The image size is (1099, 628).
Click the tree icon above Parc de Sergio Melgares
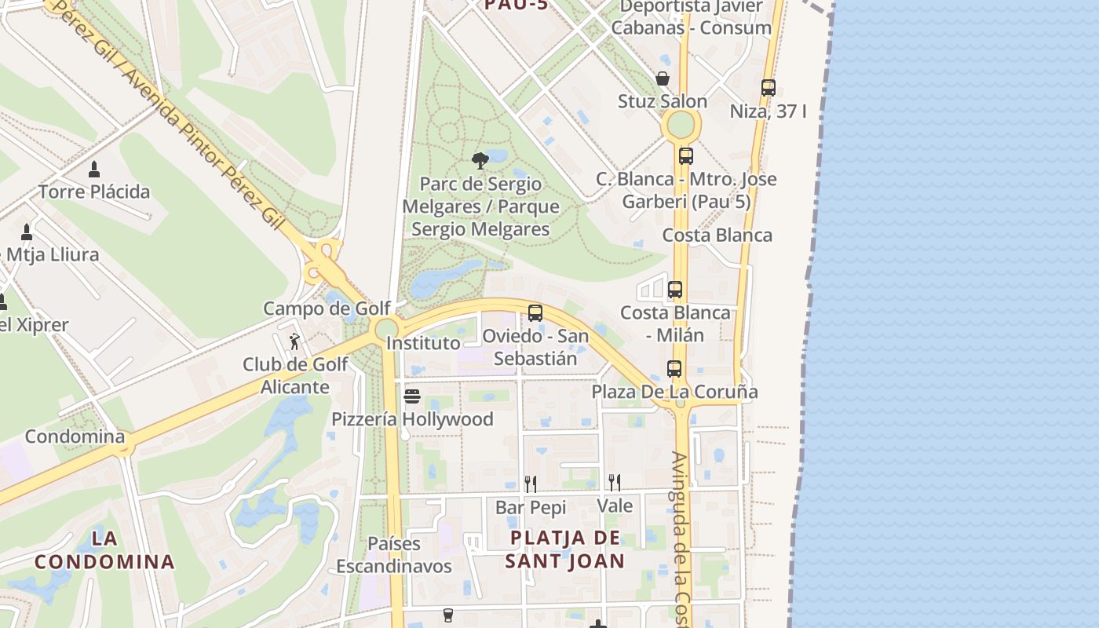[480, 161]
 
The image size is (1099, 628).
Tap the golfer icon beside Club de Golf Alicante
[294, 341]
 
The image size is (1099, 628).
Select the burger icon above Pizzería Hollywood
[412, 396]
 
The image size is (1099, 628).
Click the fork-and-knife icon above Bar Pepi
[531, 484]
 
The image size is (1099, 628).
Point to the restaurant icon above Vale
[615, 482]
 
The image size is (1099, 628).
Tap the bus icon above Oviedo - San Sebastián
[535, 313]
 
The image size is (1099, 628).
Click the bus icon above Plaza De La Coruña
[674, 368]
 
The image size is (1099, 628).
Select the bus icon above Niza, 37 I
[769, 88]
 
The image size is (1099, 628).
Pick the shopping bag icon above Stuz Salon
[663, 78]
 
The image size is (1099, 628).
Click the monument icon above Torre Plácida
[94, 169]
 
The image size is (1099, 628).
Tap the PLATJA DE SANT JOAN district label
[565, 549]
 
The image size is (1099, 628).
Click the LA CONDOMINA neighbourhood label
[104, 550]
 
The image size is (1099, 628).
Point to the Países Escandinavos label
[394, 555]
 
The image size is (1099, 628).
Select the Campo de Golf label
[327, 309]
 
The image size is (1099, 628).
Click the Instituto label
[423, 343]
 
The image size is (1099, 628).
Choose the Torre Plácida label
[94, 192]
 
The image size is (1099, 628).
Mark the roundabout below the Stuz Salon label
[680, 125]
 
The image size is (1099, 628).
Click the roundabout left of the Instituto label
[387, 329]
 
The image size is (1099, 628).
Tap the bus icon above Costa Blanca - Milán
[675, 290]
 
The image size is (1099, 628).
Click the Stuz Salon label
[663, 101]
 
